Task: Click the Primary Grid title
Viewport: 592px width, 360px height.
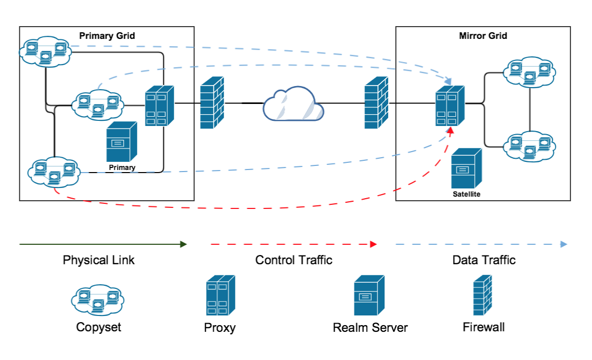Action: pyautogui.click(x=107, y=36)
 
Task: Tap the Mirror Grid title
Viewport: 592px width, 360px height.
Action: pyautogui.click(x=483, y=36)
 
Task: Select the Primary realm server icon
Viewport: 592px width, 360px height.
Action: pyautogui.click(x=121, y=142)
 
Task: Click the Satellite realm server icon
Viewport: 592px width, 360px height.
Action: pyautogui.click(x=466, y=169)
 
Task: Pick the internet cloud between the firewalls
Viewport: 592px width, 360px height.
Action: pyautogui.click(x=293, y=105)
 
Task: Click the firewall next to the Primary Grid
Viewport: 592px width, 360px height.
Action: pyautogui.click(x=213, y=102)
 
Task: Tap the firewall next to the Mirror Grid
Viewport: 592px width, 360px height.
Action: pyautogui.click(x=376, y=102)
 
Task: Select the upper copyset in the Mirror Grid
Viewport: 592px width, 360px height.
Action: pyautogui.click(x=529, y=72)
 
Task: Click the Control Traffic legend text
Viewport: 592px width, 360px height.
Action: pyautogui.click(x=293, y=260)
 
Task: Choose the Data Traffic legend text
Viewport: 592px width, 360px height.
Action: pyautogui.click(x=483, y=260)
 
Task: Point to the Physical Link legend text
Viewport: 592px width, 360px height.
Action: pyautogui.click(x=98, y=260)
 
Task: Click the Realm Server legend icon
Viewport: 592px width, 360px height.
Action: pyautogui.click(x=369, y=295)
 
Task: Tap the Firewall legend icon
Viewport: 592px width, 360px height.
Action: pyautogui.click(x=482, y=295)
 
